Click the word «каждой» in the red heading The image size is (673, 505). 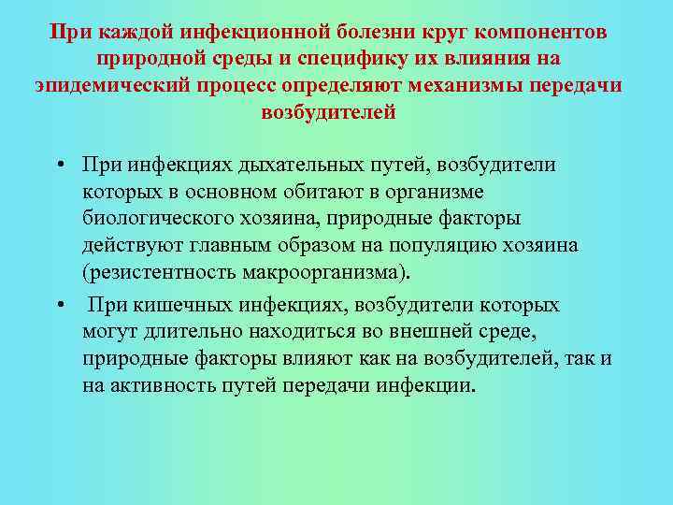[125, 33]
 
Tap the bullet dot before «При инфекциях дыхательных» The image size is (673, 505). [59, 166]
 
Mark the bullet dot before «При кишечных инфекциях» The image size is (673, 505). [59, 306]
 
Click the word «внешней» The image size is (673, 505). [425, 332]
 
